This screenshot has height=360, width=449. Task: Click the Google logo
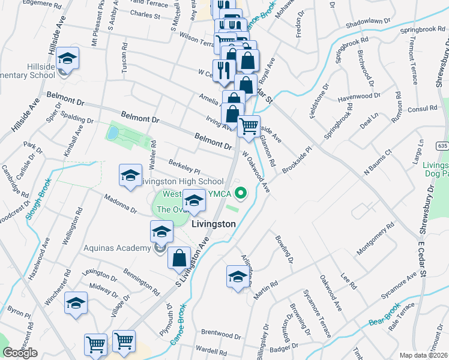point(20,353)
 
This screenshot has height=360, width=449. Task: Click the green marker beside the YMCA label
point(241,193)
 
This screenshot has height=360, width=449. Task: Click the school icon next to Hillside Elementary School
point(68,59)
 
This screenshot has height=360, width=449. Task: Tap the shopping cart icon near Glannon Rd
point(249,127)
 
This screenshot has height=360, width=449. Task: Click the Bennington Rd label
point(141,283)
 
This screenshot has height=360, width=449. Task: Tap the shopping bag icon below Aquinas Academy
point(179,258)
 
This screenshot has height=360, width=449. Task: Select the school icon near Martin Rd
point(238,277)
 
